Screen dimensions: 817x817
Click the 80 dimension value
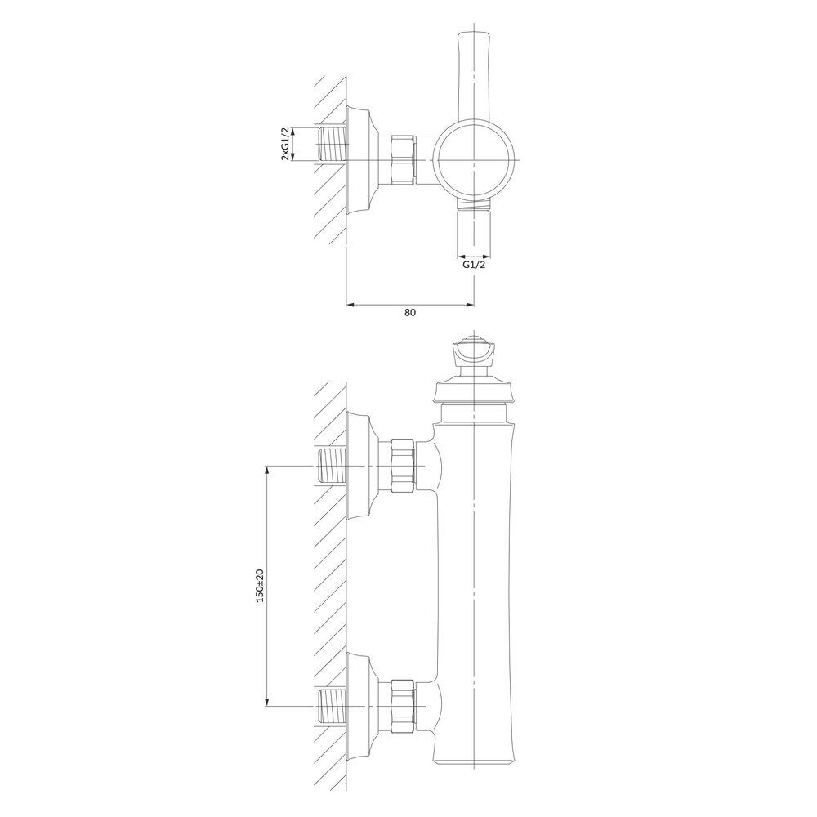coord(410,312)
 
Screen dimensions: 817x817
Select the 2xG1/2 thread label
coord(285,144)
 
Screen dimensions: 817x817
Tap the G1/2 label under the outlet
coord(475,265)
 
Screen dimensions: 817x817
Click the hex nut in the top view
coord(403,160)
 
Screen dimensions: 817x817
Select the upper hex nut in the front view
coord(403,466)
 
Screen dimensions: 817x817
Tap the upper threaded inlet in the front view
coord(330,466)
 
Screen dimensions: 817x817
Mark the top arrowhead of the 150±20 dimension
coord(266,471)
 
